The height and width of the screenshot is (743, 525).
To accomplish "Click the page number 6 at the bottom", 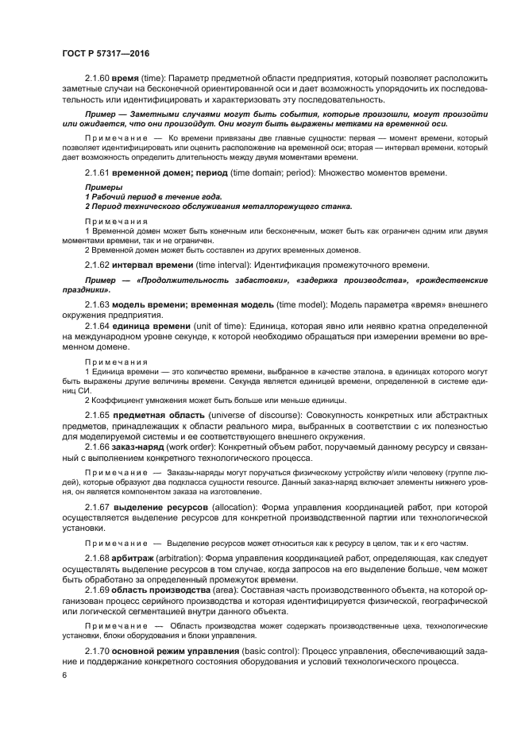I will coord(64,675).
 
